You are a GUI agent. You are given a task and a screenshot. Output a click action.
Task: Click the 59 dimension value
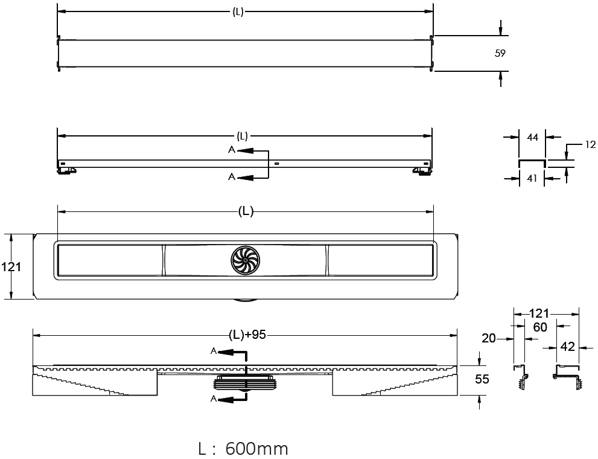tap(500, 53)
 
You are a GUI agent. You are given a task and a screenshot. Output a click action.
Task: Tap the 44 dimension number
tap(532, 137)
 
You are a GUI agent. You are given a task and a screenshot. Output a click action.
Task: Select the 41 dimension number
tap(532, 178)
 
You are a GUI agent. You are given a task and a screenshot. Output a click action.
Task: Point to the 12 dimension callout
tap(590, 144)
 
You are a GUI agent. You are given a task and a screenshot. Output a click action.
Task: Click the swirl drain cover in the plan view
tap(245, 260)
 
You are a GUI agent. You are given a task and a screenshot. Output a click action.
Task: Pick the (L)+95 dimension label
tap(247, 335)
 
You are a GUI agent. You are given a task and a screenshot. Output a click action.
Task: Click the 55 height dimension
tap(482, 379)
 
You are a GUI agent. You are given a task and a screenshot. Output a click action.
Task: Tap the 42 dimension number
tap(567, 347)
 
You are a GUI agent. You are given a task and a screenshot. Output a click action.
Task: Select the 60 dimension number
tap(540, 327)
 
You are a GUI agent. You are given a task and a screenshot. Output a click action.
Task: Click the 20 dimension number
tap(489, 338)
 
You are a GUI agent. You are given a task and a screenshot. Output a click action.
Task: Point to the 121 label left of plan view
tap(11, 267)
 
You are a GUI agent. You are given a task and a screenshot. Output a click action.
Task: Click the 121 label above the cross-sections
tap(539, 313)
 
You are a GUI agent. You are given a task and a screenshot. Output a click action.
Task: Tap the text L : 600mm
tap(243, 449)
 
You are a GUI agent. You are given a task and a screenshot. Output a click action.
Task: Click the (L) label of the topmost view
tap(238, 12)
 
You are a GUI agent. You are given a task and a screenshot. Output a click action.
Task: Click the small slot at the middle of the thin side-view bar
tap(276, 164)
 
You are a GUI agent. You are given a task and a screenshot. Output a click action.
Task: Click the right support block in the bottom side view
tap(395, 382)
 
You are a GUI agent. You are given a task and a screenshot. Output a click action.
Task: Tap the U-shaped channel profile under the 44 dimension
tap(532, 164)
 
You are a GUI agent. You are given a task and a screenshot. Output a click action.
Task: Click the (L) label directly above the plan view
tap(246, 211)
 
